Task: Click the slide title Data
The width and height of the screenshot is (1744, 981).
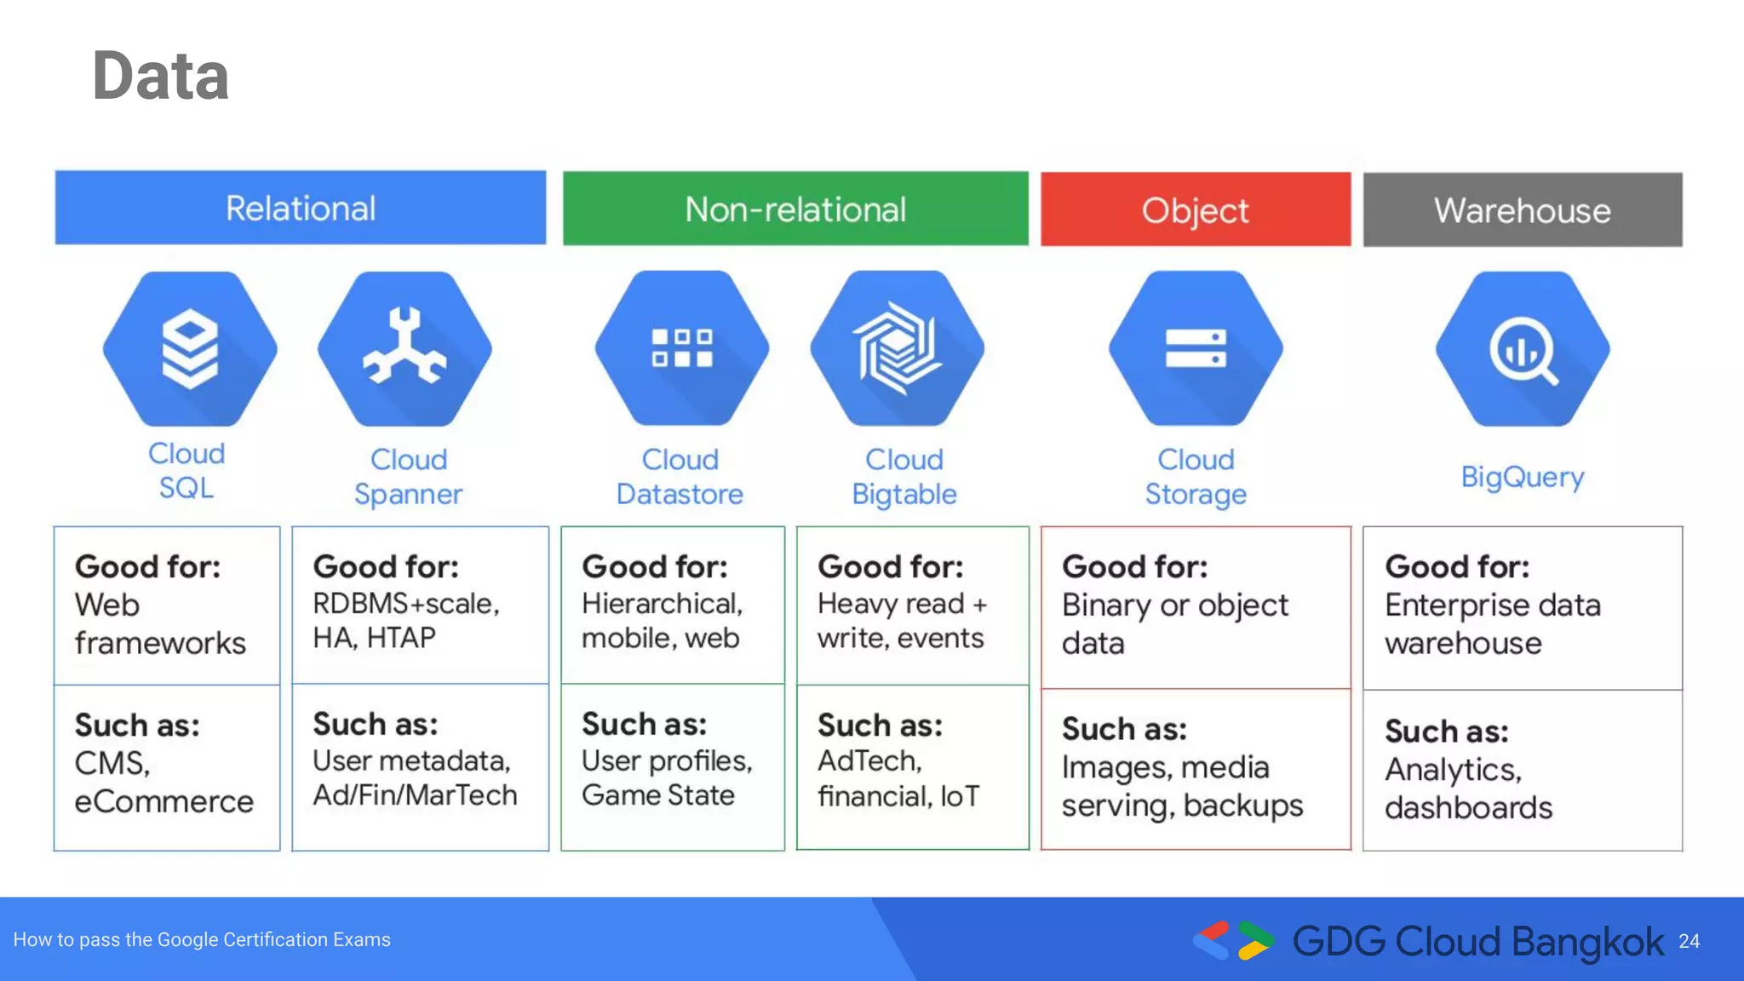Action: click(160, 77)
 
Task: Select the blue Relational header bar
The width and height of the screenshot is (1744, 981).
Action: click(300, 209)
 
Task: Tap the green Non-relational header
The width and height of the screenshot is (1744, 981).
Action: click(795, 209)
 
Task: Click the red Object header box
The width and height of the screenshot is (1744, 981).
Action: click(1195, 210)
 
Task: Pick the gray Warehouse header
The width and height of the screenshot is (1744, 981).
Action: click(1522, 210)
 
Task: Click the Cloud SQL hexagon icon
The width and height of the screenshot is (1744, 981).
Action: click(190, 349)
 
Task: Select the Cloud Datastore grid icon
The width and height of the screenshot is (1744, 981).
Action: click(681, 348)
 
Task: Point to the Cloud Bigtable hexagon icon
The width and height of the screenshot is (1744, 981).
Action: click(898, 348)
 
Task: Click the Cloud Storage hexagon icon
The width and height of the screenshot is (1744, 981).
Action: click(1196, 348)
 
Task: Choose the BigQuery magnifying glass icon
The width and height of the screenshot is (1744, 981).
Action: click(1523, 349)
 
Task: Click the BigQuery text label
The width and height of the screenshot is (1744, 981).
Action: click(1522, 477)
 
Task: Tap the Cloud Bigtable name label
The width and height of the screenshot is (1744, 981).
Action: click(904, 477)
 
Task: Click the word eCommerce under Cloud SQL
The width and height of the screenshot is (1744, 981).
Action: click(163, 802)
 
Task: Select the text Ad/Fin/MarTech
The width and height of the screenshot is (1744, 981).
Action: click(415, 795)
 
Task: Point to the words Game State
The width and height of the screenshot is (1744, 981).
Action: click(657, 795)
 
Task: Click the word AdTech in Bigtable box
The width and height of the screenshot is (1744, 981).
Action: click(869, 760)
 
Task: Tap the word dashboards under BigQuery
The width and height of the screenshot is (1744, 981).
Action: click(1468, 808)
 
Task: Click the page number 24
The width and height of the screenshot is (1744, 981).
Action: click(1689, 941)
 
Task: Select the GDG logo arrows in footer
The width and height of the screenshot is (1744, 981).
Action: click(1233, 941)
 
